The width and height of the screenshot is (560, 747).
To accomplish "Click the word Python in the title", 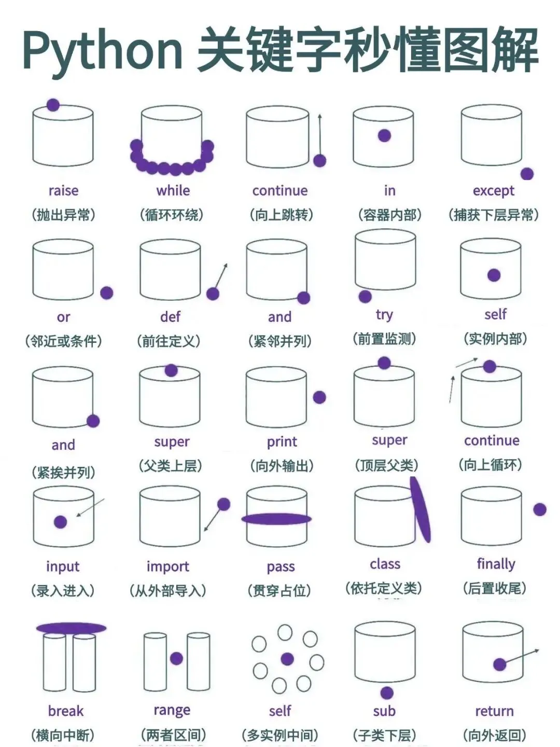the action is coord(103,51).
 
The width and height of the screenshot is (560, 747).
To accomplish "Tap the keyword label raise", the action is coord(64,190).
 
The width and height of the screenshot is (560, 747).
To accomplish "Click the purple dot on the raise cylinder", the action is coord(53,105).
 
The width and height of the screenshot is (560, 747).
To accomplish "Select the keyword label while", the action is coord(173,190).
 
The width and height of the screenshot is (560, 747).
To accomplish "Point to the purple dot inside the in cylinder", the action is coord(384,135).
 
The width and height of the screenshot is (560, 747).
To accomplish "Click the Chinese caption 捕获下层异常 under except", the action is coord(494,215).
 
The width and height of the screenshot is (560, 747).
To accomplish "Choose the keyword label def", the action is coord(171,316).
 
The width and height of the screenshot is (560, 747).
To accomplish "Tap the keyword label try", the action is coord(384,315).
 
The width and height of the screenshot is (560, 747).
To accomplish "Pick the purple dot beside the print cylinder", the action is coord(319,397).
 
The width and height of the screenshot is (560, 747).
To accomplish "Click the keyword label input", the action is coord(63,567).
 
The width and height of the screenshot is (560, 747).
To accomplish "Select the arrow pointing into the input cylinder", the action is coord(90,507).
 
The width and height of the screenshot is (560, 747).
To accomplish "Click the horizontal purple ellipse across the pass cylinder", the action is coord(276,519).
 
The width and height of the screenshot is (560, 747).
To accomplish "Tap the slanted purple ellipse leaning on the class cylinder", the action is coord(420,509).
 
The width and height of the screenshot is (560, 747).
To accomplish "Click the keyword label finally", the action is coord(496,564).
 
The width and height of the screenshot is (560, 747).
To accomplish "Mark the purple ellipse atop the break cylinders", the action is coord(71,628).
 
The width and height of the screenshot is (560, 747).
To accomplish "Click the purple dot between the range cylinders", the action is coord(176,658).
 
